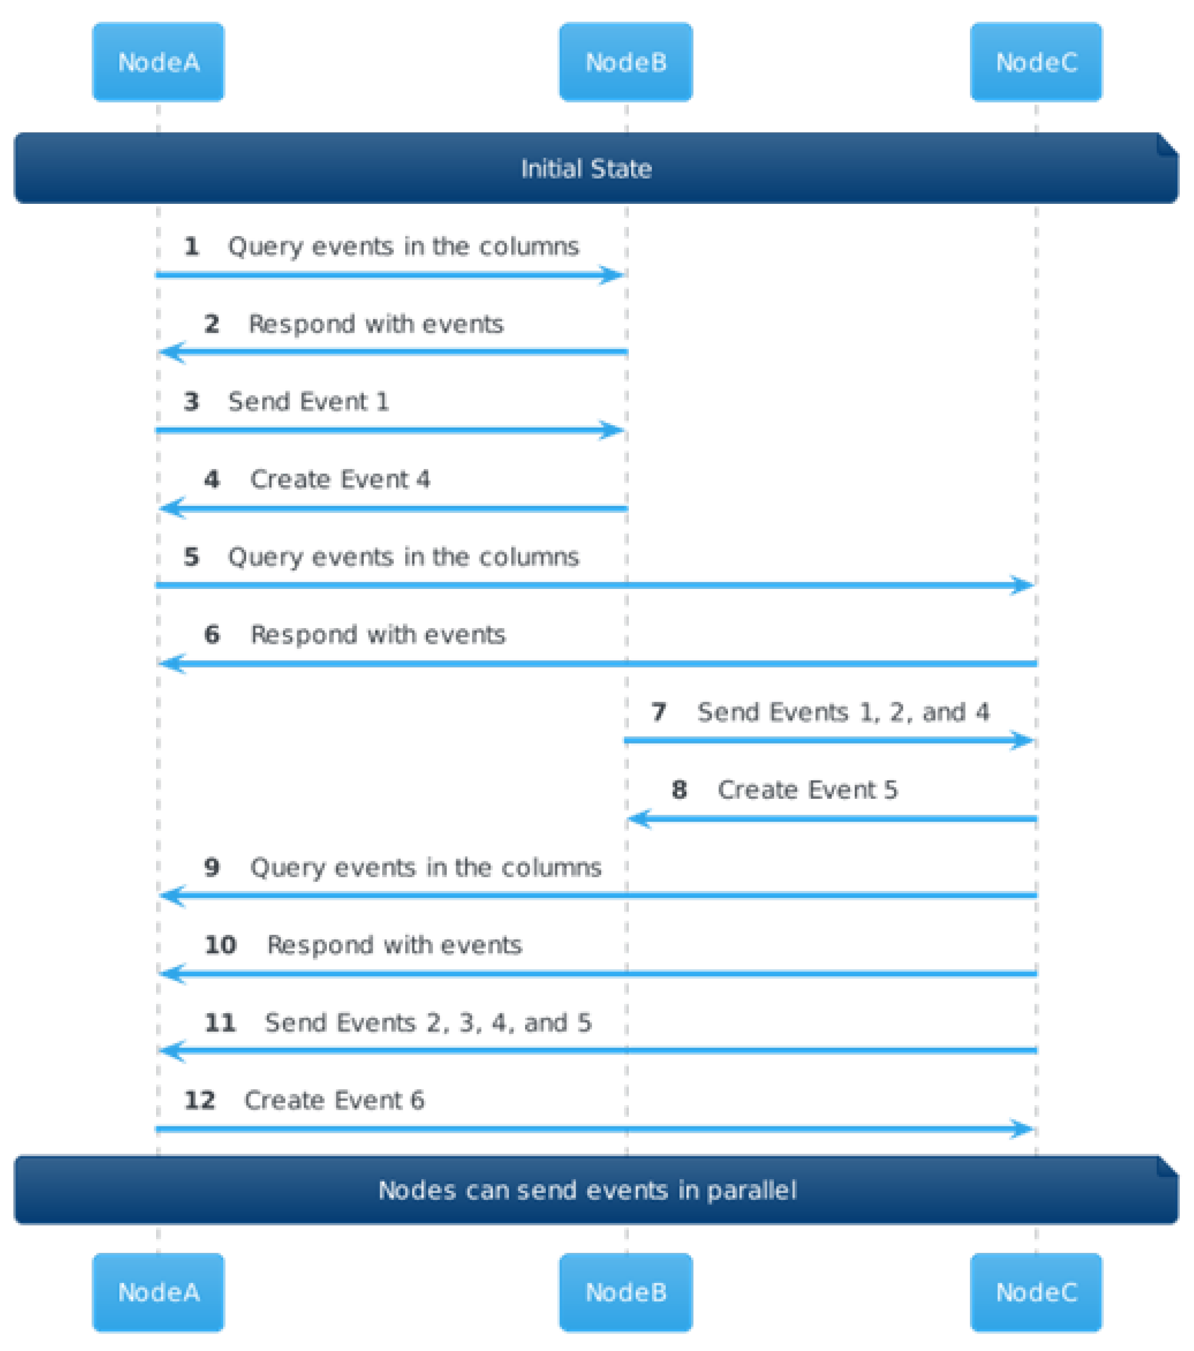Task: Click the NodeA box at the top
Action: click(x=158, y=62)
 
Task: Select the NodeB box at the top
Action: click(x=626, y=62)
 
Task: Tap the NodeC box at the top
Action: click(x=1036, y=62)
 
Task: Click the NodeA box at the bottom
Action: click(x=158, y=1292)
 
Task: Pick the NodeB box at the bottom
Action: click(x=626, y=1292)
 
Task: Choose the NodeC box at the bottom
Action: click(x=1036, y=1292)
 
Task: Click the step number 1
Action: click(x=192, y=246)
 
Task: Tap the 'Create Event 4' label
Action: click(x=340, y=479)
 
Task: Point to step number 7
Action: click(x=659, y=712)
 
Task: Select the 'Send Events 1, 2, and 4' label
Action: click(x=843, y=712)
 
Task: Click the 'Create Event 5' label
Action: click(x=808, y=790)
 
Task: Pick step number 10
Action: click(x=220, y=945)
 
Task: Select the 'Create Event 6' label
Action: click(x=334, y=1100)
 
